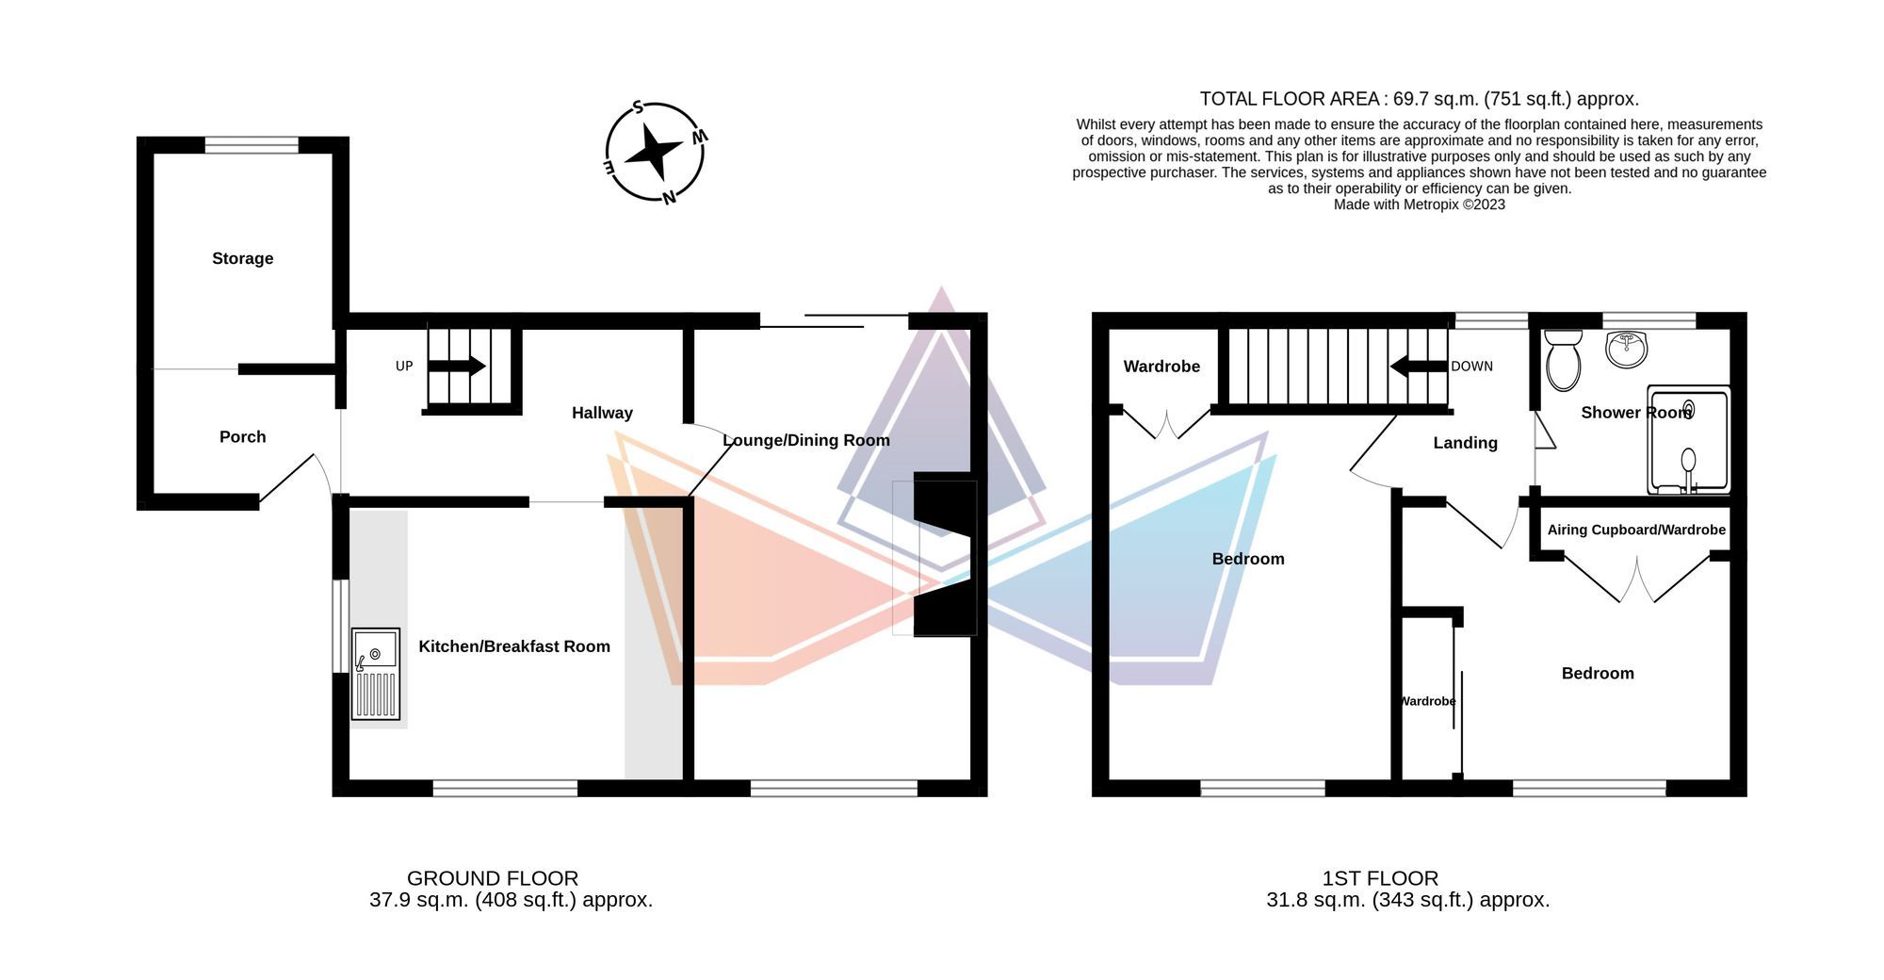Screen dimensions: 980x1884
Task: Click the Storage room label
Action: [242, 258]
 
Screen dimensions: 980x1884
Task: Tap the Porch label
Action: [242, 436]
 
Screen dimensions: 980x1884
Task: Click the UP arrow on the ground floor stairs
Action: [458, 366]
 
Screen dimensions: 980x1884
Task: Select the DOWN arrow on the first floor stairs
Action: [1419, 366]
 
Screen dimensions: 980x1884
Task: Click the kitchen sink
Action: [376, 673]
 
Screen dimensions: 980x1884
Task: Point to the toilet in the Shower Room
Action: [1563, 361]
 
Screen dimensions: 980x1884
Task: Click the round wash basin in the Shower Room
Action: [1627, 349]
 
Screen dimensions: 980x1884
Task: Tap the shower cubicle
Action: [1689, 440]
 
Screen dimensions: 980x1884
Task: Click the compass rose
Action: [654, 152]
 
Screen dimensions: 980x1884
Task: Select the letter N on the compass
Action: [669, 197]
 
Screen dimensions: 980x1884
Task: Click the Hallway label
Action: [602, 413]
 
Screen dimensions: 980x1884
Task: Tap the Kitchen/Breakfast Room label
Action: [514, 646]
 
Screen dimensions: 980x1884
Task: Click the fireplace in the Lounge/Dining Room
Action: [942, 556]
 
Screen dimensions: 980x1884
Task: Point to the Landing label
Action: [1465, 443]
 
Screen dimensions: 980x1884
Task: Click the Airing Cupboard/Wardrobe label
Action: [1636, 530]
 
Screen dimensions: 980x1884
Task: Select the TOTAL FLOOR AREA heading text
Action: [1419, 99]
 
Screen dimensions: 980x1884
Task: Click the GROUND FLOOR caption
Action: [493, 878]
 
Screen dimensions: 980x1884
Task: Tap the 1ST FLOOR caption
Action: [1380, 878]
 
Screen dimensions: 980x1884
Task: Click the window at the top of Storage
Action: [252, 145]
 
